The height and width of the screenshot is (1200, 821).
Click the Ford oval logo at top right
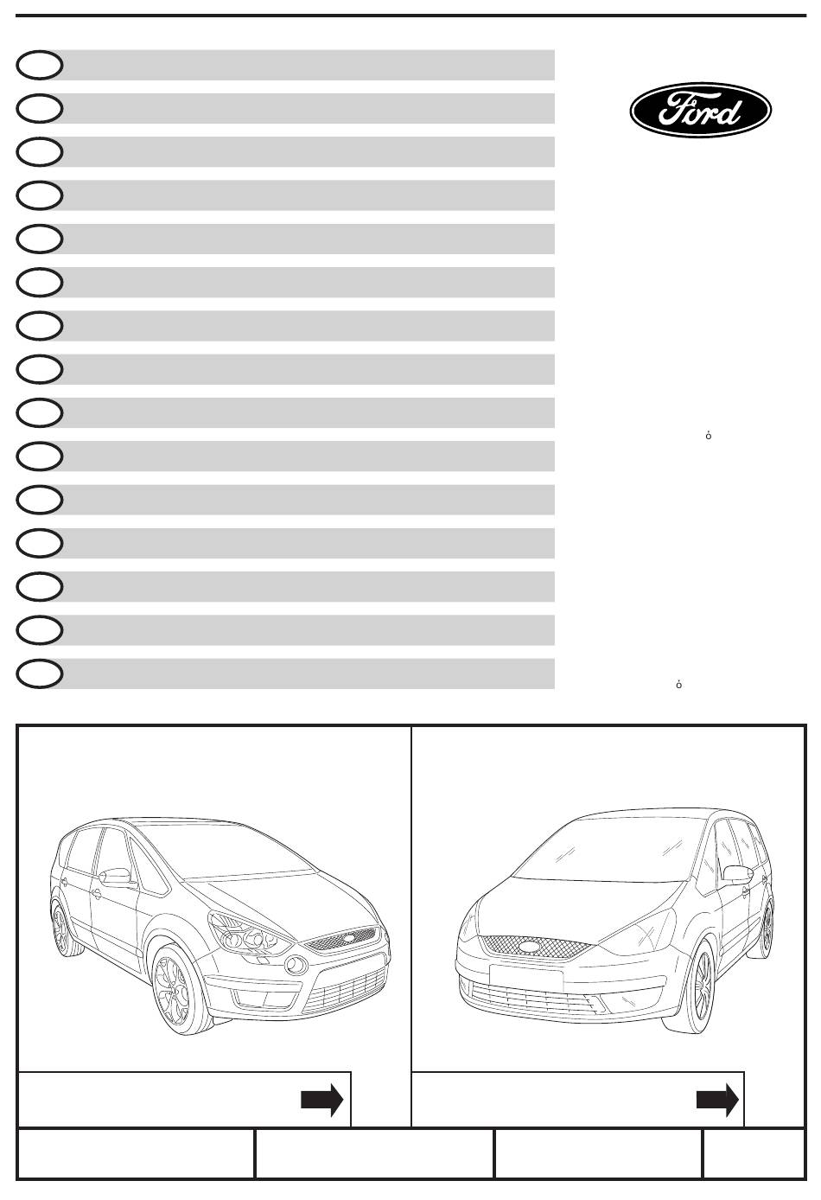tap(700, 110)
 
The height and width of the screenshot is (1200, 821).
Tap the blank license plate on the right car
tap(526, 975)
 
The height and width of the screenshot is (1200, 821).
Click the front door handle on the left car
tap(97, 893)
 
